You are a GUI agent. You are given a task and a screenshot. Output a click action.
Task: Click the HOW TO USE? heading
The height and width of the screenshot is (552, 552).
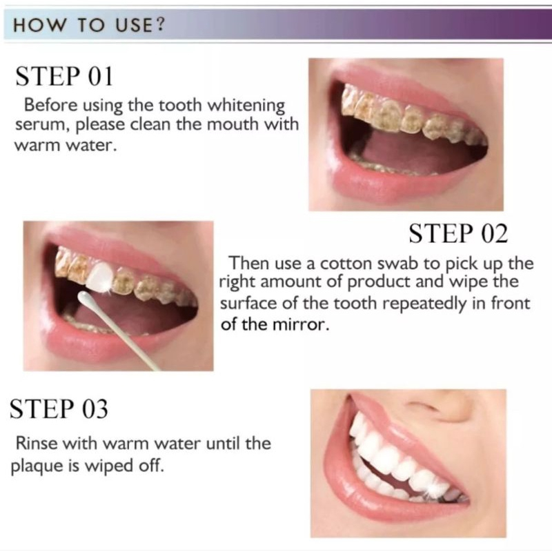89,26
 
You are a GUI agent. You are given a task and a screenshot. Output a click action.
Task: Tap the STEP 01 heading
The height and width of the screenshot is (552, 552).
64,76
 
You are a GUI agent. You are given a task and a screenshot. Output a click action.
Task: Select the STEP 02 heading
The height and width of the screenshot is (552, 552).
458,233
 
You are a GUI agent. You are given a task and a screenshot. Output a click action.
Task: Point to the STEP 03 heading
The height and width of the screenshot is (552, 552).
59,408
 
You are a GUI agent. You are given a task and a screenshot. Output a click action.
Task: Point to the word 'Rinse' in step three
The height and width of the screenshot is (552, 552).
37,442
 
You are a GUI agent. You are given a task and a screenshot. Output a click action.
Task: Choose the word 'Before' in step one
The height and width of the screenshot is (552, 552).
50,105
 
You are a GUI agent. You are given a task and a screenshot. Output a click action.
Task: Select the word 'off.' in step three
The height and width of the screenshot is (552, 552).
152,465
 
